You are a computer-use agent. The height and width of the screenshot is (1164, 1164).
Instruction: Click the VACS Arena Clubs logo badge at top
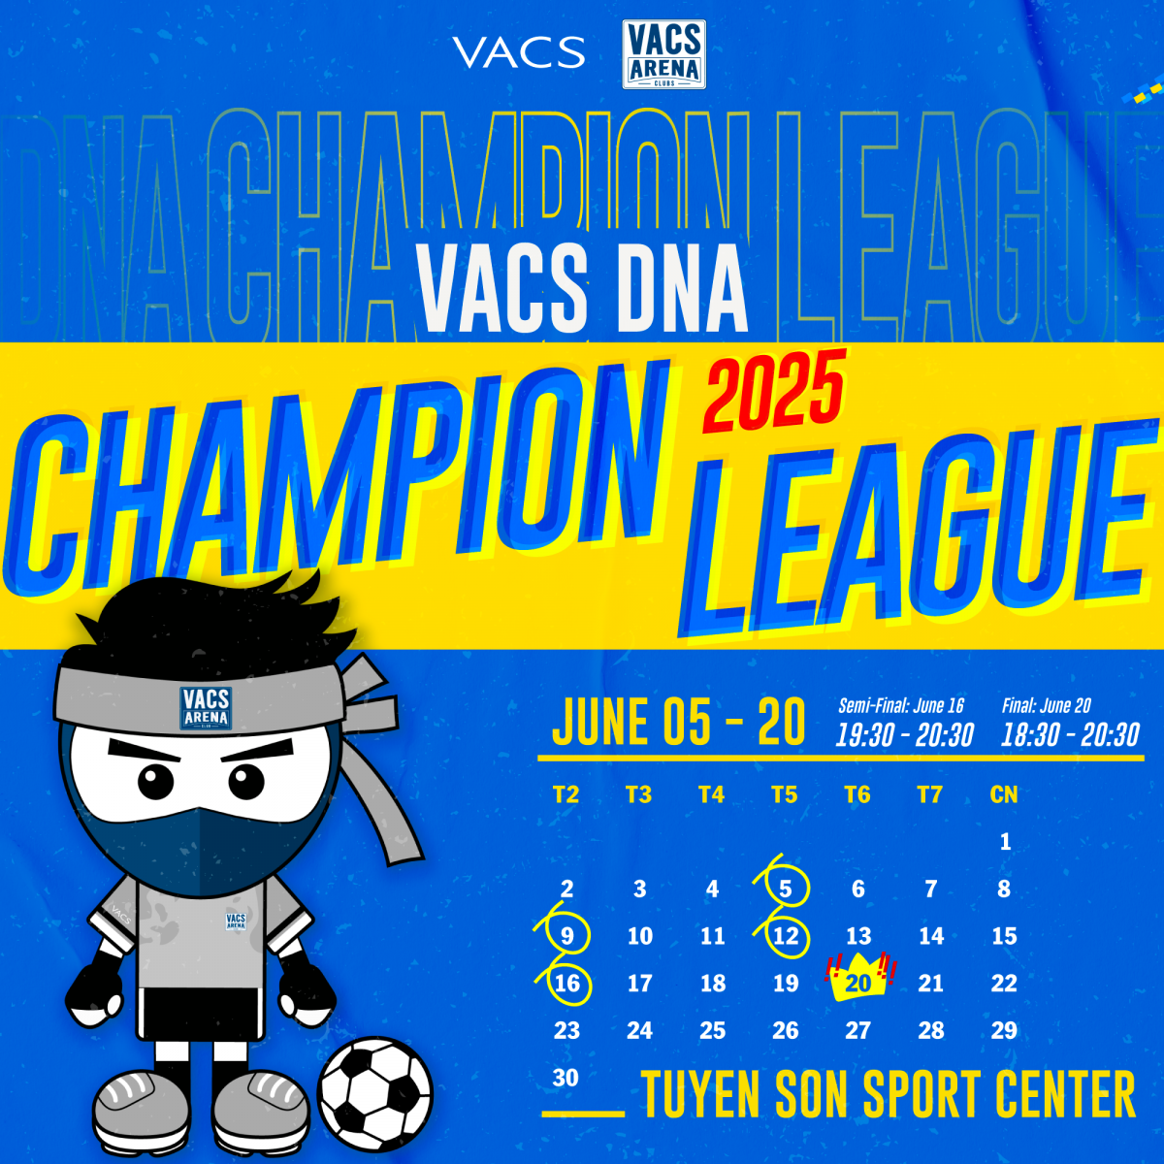coord(663,54)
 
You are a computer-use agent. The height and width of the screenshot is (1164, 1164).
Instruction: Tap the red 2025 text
coord(774,391)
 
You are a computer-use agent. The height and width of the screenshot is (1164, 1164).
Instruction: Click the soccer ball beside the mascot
coord(375,1093)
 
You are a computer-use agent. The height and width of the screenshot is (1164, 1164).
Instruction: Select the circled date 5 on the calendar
coord(786,889)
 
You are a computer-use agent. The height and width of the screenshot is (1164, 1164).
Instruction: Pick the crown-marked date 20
coord(857,983)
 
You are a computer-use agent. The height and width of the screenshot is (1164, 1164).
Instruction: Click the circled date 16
coord(566,984)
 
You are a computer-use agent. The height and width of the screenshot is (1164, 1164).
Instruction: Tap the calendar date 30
coord(566,1078)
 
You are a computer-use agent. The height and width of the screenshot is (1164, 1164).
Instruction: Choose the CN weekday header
coord(1004,794)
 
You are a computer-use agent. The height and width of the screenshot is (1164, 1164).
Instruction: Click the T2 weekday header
coord(566,794)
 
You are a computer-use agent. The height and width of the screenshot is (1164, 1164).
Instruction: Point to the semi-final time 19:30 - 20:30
coord(904,735)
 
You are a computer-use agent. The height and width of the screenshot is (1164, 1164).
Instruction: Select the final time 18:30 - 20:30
coord(1070,735)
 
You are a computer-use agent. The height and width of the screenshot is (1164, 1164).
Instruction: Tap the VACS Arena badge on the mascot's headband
coord(206,708)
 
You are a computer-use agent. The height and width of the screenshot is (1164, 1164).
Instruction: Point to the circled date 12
coord(786,936)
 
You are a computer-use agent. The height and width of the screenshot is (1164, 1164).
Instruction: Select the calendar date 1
coord(1005,841)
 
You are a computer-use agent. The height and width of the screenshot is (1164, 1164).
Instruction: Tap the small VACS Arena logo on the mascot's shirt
coord(236,921)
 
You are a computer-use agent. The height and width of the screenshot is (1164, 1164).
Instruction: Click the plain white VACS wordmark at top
coord(519,52)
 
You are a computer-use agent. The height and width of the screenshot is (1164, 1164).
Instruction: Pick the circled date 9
coord(566,936)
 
